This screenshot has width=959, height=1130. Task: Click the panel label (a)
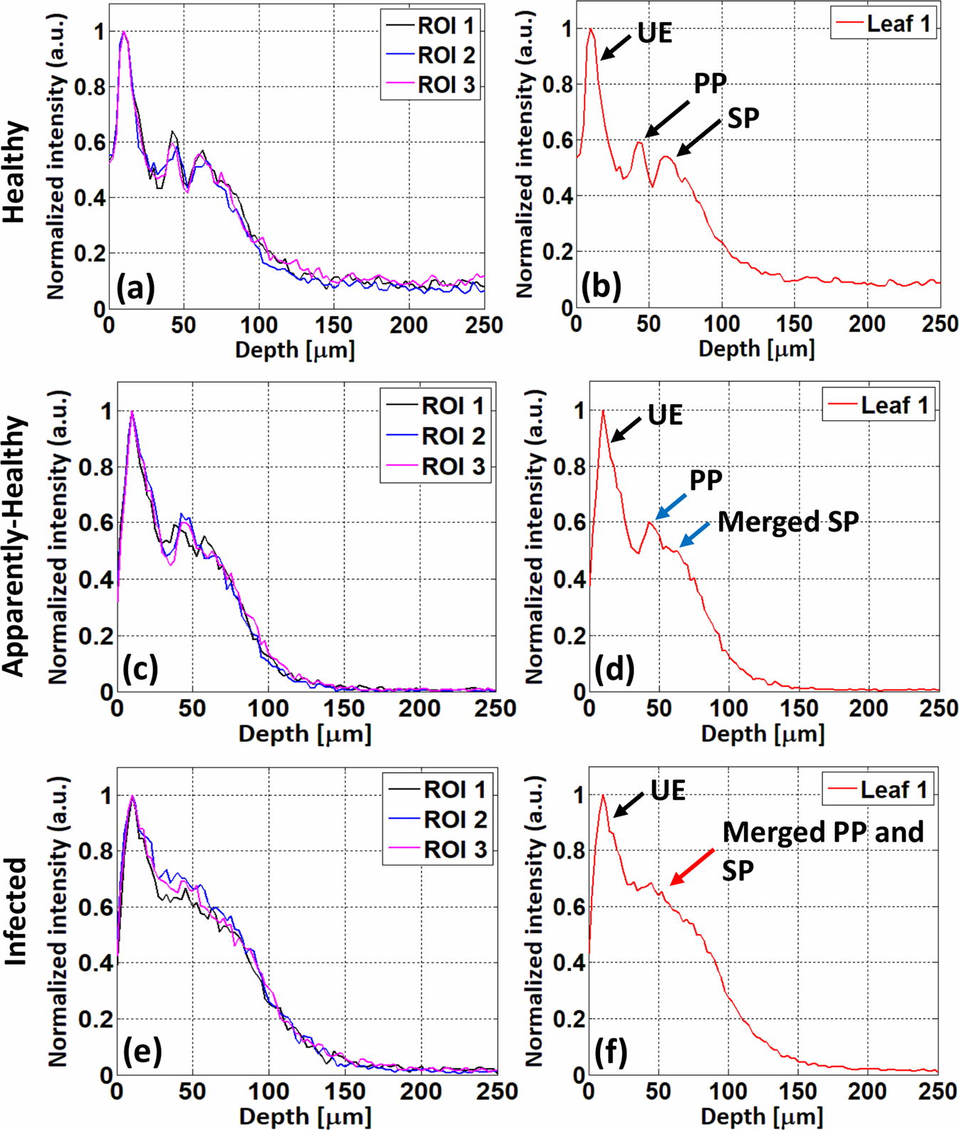[135, 289]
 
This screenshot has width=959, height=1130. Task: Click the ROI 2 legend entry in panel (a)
[430, 55]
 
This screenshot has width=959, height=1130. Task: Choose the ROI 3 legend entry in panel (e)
[437, 849]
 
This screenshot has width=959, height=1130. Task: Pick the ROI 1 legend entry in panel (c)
[436, 406]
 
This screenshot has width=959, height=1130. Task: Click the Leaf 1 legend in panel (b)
[883, 24]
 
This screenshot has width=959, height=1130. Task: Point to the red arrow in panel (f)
[692, 867]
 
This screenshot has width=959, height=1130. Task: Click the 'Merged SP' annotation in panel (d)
[787, 522]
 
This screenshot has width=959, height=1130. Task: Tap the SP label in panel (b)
[743, 118]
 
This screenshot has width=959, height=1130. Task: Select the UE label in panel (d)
[665, 415]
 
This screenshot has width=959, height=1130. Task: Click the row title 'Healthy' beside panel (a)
[16, 171]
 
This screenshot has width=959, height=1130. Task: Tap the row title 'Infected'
[16, 912]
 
